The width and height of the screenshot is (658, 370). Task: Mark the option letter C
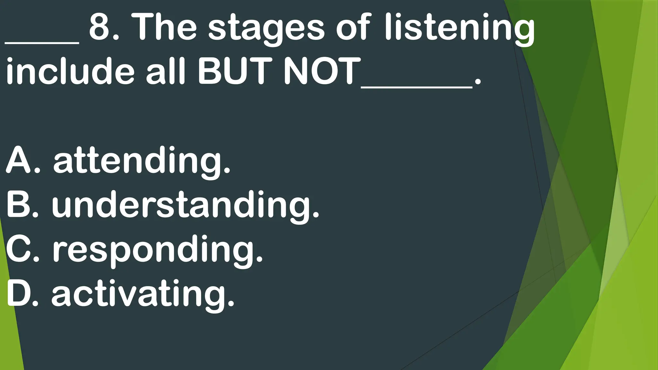[20, 249]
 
